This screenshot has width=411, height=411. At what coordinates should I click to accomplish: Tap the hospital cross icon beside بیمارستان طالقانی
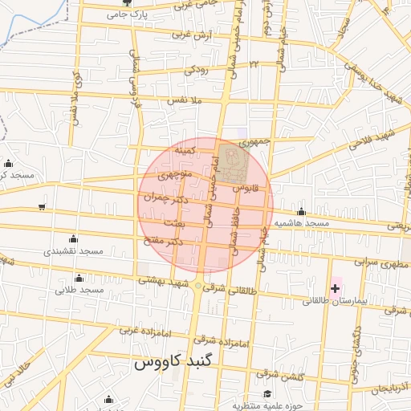tap(335, 287)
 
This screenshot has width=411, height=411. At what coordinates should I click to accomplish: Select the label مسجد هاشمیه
tap(302, 222)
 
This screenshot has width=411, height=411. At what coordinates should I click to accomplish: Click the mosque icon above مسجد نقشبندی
tap(74, 238)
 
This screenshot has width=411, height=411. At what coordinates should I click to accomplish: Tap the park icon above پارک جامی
tap(134, 3)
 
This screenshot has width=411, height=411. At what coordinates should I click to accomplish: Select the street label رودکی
tap(197, 70)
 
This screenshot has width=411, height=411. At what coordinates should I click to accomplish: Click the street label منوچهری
tap(175, 173)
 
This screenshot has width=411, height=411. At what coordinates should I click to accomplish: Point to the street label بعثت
tap(173, 222)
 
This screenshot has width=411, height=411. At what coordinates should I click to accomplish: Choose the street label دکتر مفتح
tap(166, 241)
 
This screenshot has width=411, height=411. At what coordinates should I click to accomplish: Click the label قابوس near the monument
tap(246, 187)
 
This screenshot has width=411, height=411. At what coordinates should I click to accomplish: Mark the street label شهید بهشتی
tap(163, 282)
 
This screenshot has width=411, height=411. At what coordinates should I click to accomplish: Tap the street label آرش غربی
tap(170, 35)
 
